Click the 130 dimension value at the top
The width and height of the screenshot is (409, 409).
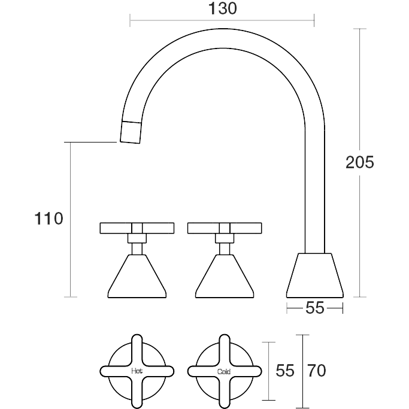[x=223, y=8]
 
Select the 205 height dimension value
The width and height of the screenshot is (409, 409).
[x=360, y=162]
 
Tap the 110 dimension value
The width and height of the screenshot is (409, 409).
[x=49, y=219]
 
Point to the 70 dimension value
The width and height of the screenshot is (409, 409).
[x=316, y=371]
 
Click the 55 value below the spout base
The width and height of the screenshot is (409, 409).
[x=315, y=308]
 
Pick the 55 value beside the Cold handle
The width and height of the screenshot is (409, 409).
[x=285, y=371]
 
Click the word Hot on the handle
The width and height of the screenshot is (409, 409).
[x=137, y=371]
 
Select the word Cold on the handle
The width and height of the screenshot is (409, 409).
[x=224, y=371]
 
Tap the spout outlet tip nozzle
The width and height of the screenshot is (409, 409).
[x=131, y=132]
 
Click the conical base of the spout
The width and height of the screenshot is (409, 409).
[x=315, y=275]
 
